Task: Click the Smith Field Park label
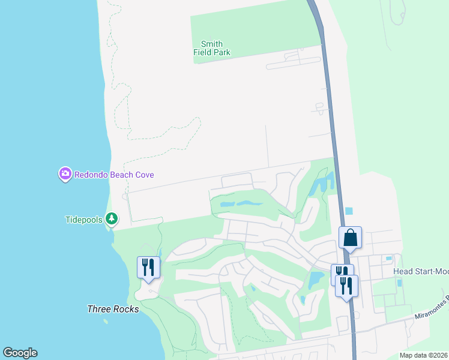211,48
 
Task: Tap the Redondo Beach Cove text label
114,175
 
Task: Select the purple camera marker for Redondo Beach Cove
65,175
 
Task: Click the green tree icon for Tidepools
112,220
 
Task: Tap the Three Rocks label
113,310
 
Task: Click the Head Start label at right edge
420,272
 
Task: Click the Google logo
20,353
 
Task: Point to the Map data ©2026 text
423,355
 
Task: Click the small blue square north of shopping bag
349,211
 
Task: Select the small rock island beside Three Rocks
106,321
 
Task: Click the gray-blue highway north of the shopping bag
329,108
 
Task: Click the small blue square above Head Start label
389,259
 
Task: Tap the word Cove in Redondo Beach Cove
144,175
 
